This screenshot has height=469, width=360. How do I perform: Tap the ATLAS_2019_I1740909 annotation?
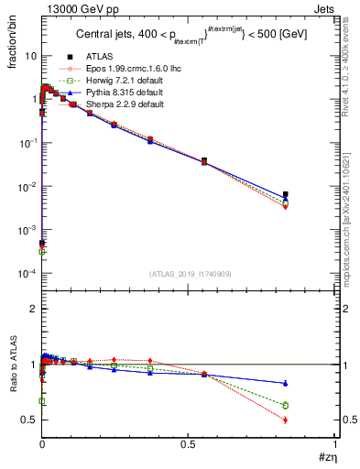click(x=191, y=274)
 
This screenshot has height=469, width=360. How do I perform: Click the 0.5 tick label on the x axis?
click(x=188, y=444)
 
